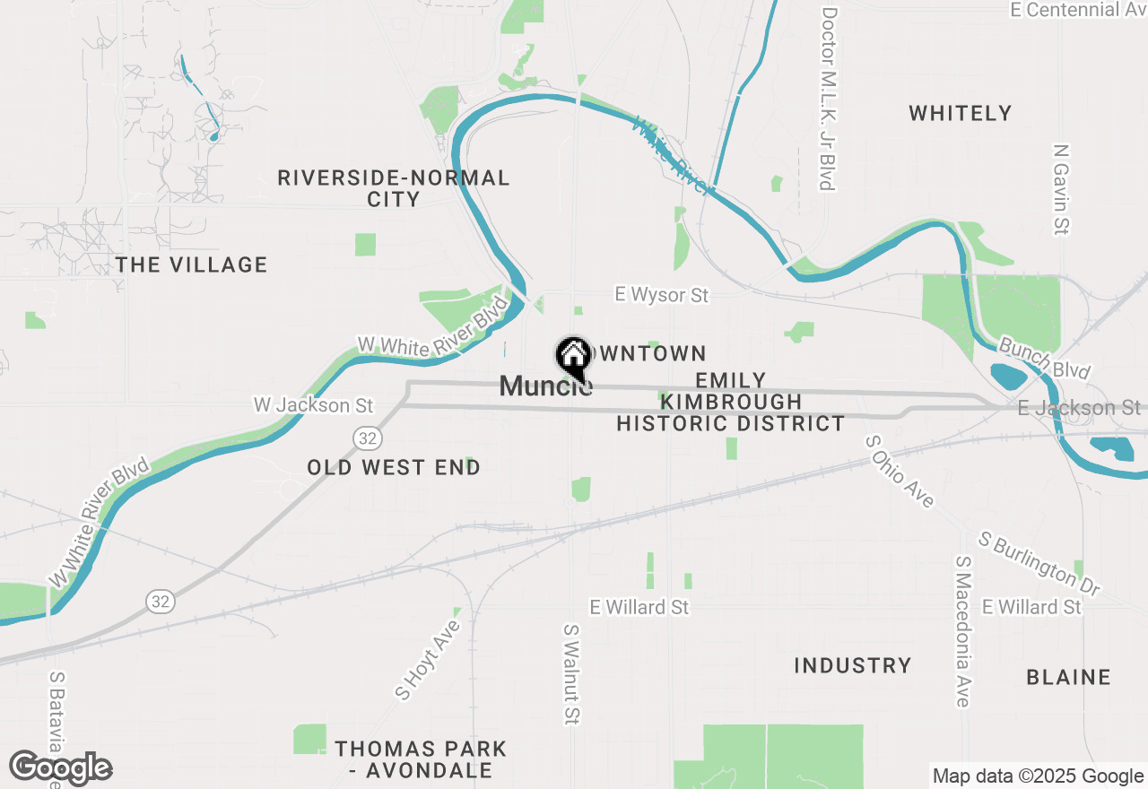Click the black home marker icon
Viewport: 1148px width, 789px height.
click(573, 358)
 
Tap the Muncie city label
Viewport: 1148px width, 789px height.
click(544, 386)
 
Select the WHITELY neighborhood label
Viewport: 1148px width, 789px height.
click(960, 113)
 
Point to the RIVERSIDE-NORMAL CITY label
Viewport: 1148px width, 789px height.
click(394, 188)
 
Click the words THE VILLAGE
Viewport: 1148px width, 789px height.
click(192, 264)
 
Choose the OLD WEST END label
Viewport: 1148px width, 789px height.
click(394, 467)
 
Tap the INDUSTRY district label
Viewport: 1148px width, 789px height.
click(852, 665)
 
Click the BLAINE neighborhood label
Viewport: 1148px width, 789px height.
click(1068, 677)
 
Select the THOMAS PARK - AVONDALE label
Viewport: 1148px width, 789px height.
click(421, 759)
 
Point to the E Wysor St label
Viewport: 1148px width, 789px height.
click(661, 295)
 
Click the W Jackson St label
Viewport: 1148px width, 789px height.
click(313, 405)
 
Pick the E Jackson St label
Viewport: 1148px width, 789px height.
click(1079, 408)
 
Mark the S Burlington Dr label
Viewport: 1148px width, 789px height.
click(1039, 564)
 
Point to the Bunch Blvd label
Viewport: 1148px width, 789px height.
click(1044, 358)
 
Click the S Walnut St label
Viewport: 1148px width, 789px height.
click(571, 674)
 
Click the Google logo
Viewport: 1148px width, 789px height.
click(60, 768)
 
